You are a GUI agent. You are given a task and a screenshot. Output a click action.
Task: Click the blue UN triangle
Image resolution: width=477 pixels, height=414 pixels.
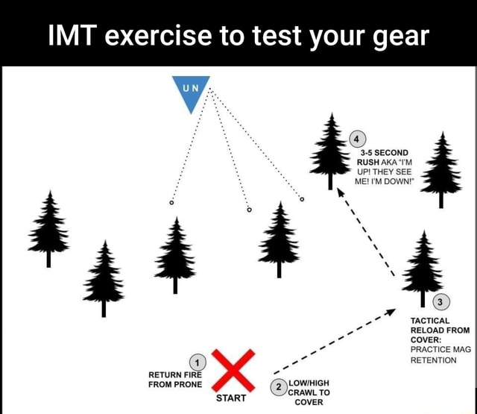coord(191,91)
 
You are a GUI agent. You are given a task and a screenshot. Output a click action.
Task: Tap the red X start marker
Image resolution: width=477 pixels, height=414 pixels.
coord(234,369)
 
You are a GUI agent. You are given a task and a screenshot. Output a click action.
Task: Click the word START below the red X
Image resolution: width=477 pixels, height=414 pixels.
coord(231,398)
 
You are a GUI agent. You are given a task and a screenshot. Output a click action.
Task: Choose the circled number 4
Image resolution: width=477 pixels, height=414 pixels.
coord(358,139)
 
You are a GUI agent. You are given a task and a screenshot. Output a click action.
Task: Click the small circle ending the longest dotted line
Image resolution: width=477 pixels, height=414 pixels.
coord(302,199)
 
